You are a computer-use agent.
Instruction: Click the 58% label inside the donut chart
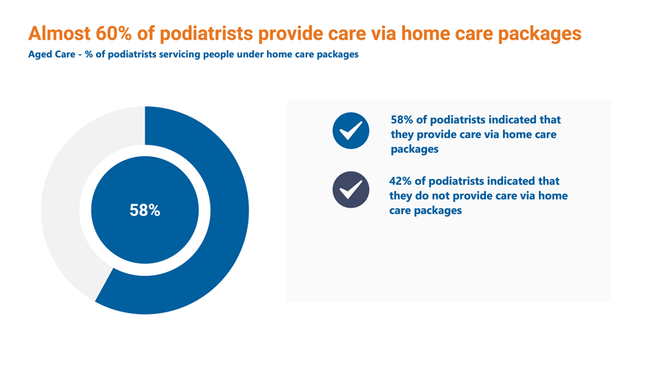coord(144,210)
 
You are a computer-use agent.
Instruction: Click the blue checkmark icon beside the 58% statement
coord(350,131)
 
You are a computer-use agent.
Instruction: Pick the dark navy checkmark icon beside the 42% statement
coord(350,189)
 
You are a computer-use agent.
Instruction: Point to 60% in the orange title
coord(114,34)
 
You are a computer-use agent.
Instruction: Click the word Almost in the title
coord(59,34)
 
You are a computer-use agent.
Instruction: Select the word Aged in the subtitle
coord(39,55)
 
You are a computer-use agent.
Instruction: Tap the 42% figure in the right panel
coord(400,181)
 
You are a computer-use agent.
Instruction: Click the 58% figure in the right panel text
coord(402,120)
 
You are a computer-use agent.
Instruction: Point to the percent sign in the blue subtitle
coord(89,55)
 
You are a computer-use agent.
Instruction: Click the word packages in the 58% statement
coord(415,150)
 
